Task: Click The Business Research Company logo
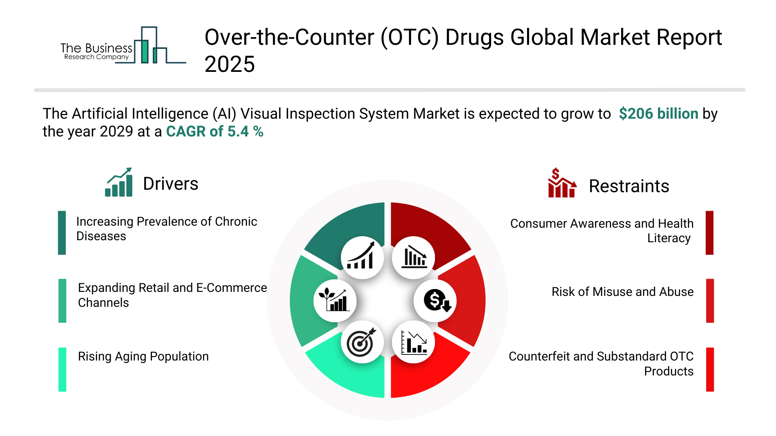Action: (123, 45)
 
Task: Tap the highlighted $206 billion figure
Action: (658, 114)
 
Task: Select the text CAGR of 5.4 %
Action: (215, 132)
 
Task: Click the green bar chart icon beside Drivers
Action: (119, 182)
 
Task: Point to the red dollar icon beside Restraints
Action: (562, 183)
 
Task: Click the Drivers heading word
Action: (171, 184)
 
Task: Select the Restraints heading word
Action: (629, 186)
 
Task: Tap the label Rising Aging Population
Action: (143, 356)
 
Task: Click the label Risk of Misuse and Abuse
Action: (622, 291)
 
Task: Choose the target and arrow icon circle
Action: (362, 342)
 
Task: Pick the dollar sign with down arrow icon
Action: (435, 301)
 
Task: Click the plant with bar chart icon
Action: (335, 301)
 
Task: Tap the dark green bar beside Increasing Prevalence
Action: (62, 233)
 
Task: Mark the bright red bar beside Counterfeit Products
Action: (710, 369)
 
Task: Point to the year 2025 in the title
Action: (230, 64)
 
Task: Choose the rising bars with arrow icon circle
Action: (362, 258)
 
